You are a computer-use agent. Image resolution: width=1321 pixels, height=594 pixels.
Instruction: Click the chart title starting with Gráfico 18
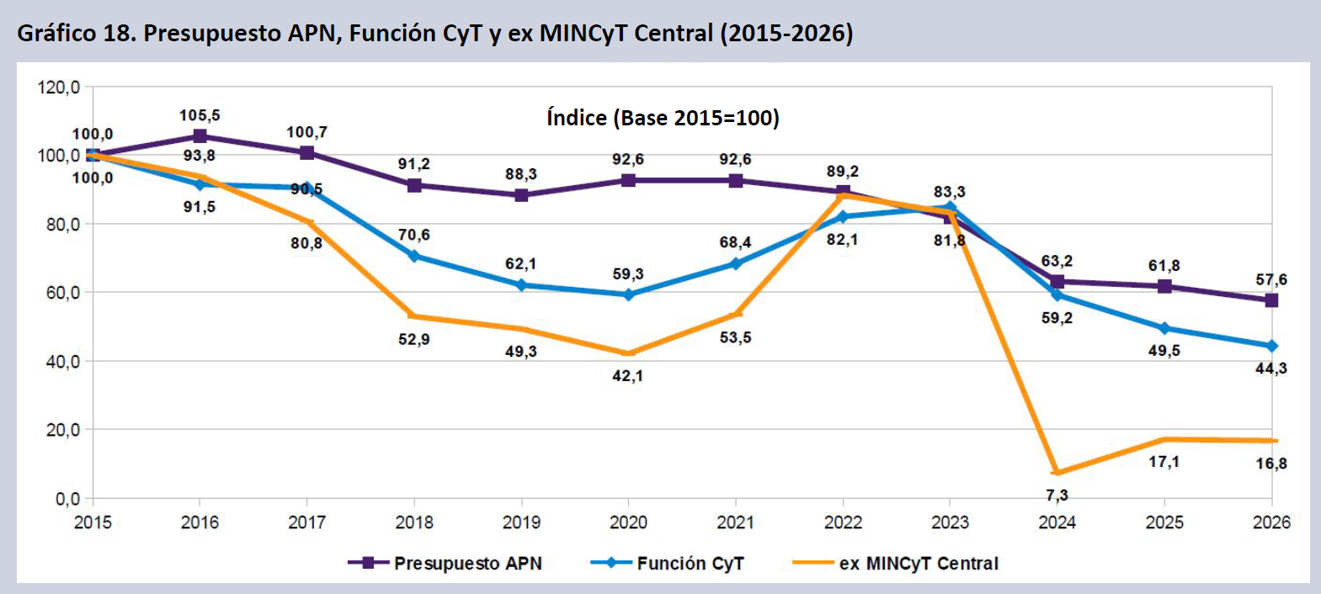pos(435,33)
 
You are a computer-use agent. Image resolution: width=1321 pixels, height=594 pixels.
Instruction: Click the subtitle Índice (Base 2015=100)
pos(663,118)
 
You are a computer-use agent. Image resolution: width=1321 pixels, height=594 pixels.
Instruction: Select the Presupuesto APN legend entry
pos(445,564)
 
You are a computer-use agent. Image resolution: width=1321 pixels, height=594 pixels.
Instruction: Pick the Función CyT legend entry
pos(668,564)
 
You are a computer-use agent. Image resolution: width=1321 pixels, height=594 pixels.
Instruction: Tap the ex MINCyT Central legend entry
pos(896,564)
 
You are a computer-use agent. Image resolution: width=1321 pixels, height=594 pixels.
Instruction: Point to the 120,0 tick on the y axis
pos(58,88)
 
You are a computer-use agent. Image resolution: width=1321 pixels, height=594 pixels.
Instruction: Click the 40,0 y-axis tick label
pos(62,361)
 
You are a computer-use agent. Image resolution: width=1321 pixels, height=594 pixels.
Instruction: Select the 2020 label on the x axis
pos(628,522)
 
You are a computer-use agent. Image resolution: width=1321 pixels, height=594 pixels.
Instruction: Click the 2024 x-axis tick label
pos(1057,522)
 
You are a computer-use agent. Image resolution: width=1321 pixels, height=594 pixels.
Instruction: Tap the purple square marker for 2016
pos(200,136)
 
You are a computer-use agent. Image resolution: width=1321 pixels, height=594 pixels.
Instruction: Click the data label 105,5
pos(200,115)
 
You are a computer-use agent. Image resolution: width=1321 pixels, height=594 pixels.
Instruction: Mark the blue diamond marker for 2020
pos(628,294)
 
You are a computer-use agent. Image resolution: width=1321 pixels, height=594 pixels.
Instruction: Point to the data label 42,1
pos(627,375)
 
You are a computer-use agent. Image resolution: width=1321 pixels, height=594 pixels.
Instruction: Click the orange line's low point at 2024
pos(1057,473)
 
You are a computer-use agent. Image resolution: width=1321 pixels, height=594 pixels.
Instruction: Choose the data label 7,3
pos(1057,496)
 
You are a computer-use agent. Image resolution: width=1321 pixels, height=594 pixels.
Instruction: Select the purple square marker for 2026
pos(1271,300)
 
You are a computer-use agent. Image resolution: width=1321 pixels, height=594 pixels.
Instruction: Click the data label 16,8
pos(1271,464)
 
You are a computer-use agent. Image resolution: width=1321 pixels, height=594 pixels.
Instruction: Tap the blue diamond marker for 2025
pos(1164,328)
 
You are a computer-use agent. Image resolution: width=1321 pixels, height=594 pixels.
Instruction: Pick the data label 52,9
pos(414,339)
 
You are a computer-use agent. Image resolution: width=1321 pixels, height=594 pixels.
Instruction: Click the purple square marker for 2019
pos(521,195)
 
